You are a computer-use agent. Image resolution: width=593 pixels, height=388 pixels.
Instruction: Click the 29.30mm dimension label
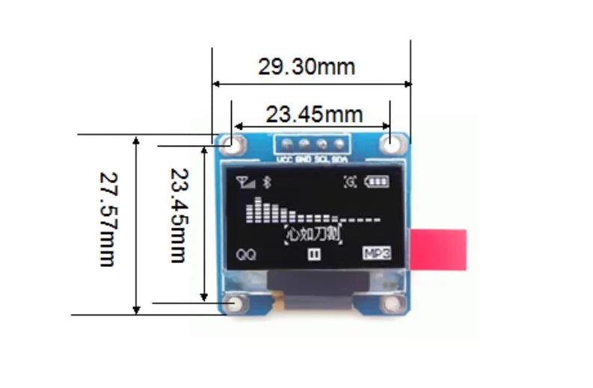(307, 67)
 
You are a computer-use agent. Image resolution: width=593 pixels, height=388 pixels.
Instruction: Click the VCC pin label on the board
(285, 159)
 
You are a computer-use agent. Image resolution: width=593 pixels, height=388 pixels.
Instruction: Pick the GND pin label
(303, 159)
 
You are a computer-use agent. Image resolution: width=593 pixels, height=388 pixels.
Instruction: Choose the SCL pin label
(322, 159)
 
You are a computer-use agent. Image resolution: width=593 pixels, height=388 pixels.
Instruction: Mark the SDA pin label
(339, 159)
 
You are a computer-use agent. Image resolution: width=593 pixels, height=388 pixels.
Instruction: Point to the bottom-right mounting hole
(391, 304)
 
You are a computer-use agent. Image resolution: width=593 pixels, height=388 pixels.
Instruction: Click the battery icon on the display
(377, 182)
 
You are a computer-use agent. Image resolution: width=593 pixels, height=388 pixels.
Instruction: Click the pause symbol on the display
(314, 254)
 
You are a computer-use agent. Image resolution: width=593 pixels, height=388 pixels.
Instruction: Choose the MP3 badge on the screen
(376, 253)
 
